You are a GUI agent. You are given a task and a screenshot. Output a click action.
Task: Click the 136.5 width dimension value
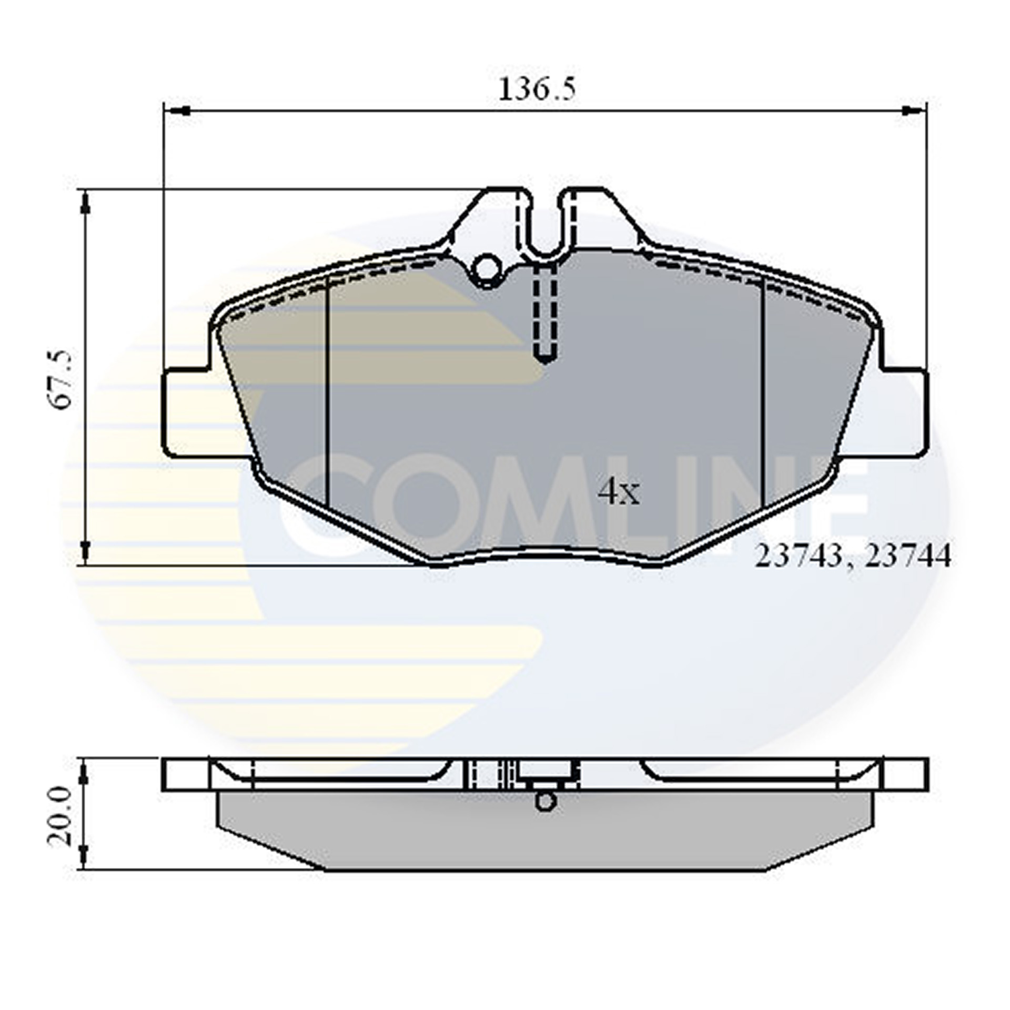(536, 89)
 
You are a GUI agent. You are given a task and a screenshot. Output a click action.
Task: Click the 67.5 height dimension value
(59, 378)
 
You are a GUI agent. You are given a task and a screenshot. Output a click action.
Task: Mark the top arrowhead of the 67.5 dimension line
(85, 203)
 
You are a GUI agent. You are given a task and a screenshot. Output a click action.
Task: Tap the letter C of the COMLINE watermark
(316, 505)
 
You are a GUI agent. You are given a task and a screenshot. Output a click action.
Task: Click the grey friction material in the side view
(526, 836)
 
